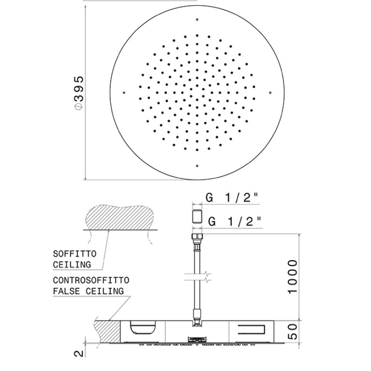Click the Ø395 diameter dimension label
pos(78,93)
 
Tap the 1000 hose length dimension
pos(292,277)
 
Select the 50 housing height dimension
pos(293,331)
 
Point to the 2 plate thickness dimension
pos(79,354)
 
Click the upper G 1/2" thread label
pos(231,197)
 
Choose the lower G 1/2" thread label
pos(234,222)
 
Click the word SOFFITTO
pos(75,254)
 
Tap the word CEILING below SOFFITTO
pos(72,265)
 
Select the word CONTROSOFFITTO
pos(91,281)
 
